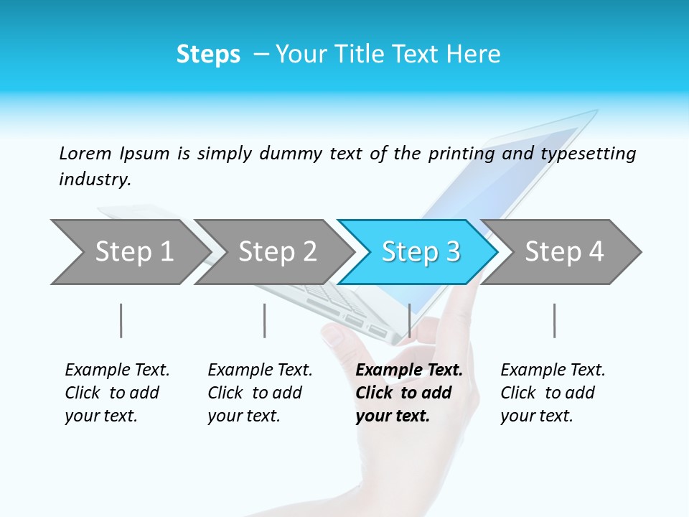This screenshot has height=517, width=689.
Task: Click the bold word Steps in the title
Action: [x=208, y=55]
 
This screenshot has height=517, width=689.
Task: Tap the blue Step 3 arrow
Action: [x=421, y=252]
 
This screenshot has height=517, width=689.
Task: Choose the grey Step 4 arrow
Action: [x=564, y=252]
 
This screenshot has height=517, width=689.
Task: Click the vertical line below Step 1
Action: [x=121, y=320]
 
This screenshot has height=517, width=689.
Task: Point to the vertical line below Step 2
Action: [x=264, y=320]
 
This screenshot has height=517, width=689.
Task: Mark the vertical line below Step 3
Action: [x=409, y=320]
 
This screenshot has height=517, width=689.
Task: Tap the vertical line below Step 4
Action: [x=554, y=320]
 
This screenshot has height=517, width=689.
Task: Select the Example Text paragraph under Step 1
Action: [x=117, y=393]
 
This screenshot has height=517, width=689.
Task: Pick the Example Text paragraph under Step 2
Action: [x=260, y=393]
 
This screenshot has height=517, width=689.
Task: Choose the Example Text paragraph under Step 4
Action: [x=553, y=393]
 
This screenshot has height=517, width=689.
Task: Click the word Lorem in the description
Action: [x=85, y=154]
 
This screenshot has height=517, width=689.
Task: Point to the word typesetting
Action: [x=588, y=154]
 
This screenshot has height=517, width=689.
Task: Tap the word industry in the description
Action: [x=94, y=180]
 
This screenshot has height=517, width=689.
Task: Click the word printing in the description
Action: [x=459, y=154]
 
